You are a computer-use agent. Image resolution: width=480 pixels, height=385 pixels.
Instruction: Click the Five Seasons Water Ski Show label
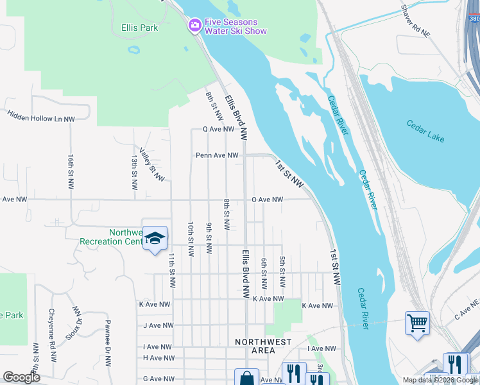[x=235, y=26]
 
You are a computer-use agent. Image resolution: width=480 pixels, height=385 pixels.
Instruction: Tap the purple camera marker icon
[x=194, y=26]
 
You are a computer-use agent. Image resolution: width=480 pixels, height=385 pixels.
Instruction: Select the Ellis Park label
[x=139, y=28]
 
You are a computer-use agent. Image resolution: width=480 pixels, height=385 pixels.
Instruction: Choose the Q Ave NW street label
[x=218, y=129]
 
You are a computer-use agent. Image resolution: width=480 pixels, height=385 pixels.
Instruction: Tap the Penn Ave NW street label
[x=217, y=155]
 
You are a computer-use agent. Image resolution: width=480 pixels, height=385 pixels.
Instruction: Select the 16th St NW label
[x=71, y=171]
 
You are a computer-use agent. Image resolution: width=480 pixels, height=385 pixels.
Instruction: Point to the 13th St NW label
[x=134, y=172]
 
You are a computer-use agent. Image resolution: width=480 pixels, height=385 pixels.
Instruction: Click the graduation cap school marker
[x=155, y=239]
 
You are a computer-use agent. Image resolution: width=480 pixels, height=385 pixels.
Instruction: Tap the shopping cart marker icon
[x=417, y=323]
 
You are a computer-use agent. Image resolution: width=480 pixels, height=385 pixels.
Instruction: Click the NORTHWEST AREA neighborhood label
[x=263, y=346]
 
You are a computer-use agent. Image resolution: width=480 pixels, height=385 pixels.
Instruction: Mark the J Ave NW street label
[x=158, y=325]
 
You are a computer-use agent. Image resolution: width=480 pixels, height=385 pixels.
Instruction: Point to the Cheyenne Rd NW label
[x=51, y=329]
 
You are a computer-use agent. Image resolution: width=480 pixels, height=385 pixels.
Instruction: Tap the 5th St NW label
[x=282, y=272]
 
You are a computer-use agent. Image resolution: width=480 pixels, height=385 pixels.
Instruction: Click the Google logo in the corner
[x=21, y=377]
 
